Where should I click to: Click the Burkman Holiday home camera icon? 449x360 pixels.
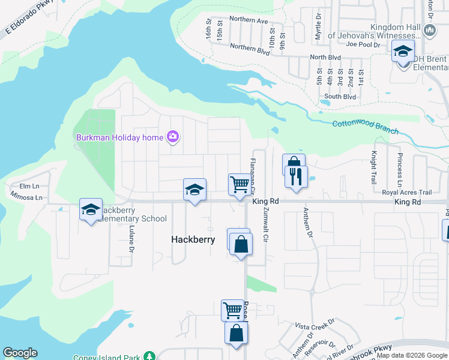[x=173, y=137]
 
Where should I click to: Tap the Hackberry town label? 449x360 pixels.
[x=193, y=239]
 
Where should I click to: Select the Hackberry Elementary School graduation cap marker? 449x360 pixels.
[x=91, y=210]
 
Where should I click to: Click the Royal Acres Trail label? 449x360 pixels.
[x=407, y=193]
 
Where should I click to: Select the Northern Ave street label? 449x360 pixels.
[x=248, y=20]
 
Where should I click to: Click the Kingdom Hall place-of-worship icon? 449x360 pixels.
[x=429, y=30]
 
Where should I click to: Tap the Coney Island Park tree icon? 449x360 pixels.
[x=149, y=357]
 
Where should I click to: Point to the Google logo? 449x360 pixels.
[x=20, y=353]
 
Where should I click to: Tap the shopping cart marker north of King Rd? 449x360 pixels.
[x=239, y=184]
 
